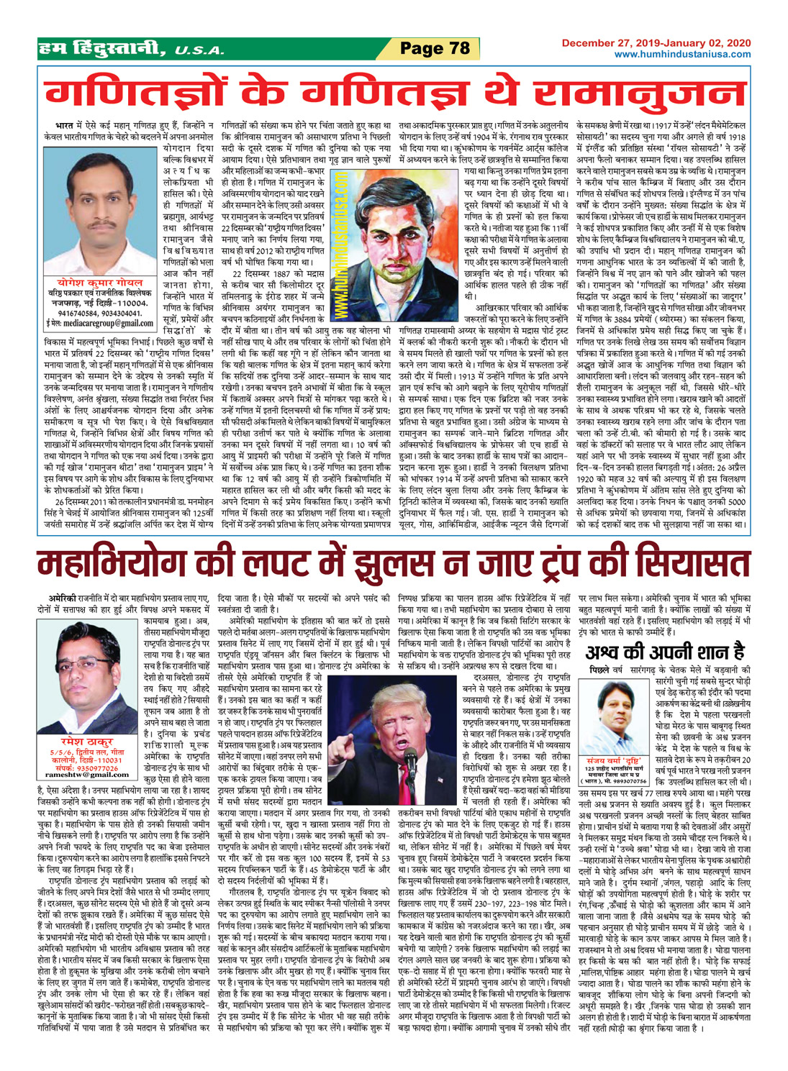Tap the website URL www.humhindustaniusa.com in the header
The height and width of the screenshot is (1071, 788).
coord(682,54)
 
